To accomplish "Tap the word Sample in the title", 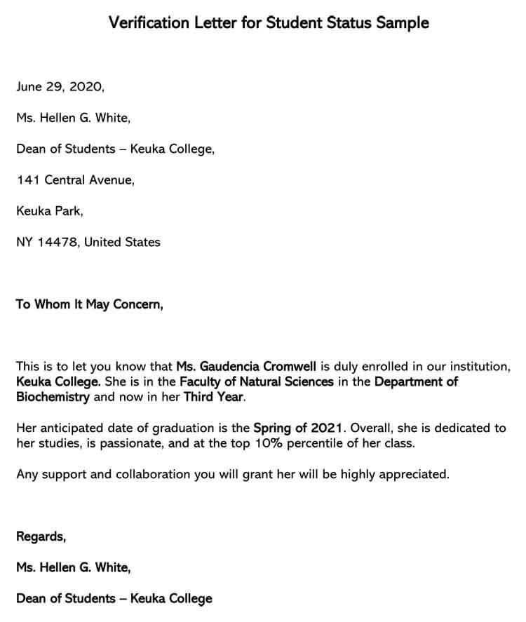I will (402, 22).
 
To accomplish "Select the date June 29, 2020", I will (60, 87).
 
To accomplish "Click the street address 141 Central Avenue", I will (75, 180).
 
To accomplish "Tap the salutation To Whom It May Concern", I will (89, 304).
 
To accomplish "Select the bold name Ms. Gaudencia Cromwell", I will (247, 366).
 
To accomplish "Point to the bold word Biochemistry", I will (53, 397).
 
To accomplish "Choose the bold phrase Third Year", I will (214, 397).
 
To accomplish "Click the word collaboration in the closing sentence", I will (155, 474).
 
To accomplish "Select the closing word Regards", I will (41, 537).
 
